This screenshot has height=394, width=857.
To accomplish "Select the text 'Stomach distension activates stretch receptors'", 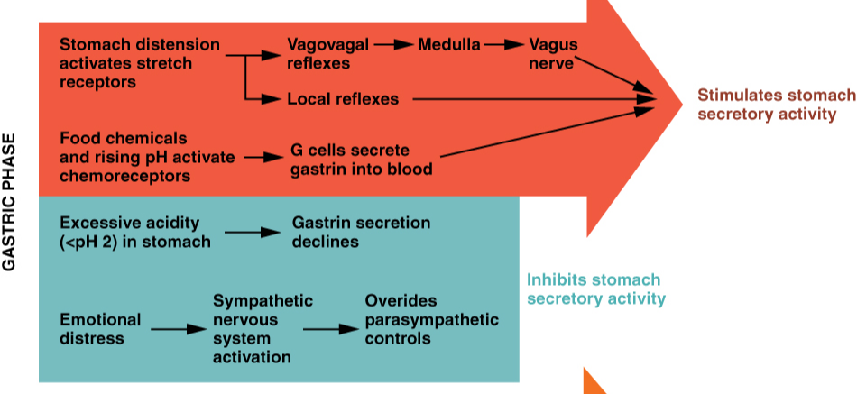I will pyautogui.click(x=139, y=63).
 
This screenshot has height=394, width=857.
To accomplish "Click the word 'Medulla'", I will pyautogui.click(x=449, y=44).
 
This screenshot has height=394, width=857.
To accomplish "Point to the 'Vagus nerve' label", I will pyautogui.click(x=553, y=54).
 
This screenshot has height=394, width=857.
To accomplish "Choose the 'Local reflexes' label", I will pyautogui.click(x=343, y=99).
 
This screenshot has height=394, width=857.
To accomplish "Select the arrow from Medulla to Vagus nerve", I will pyautogui.click(x=504, y=44).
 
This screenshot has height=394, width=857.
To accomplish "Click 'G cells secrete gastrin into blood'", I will pyautogui.click(x=361, y=159).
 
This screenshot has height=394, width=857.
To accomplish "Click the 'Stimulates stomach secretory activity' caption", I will pyautogui.click(x=776, y=105).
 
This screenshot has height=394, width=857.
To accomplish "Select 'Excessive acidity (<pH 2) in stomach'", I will pyautogui.click(x=134, y=232).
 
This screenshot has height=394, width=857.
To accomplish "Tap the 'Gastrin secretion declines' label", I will pyautogui.click(x=361, y=232).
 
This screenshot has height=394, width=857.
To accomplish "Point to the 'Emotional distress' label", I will pyautogui.click(x=100, y=329).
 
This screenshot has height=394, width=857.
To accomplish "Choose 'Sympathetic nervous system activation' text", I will pyautogui.click(x=263, y=329).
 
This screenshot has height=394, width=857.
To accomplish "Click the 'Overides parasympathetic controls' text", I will pyautogui.click(x=431, y=319).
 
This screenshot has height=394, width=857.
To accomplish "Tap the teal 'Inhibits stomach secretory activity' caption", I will pyautogui.click(x=595, y=289).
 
